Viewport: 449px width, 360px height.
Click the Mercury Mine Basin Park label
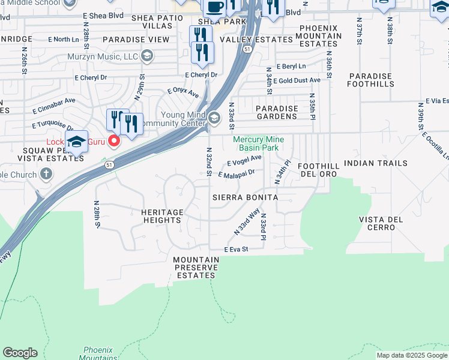coord(258,143)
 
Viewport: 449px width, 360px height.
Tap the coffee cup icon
coord(214,7)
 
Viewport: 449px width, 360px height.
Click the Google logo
coord(20,353)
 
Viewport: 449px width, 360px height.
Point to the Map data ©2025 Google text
coord(412,355)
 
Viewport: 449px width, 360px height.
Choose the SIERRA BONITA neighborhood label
coord(245,197)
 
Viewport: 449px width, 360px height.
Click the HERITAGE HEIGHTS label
coord(162,216)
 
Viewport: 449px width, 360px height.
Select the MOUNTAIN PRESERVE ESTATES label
coord(195,268)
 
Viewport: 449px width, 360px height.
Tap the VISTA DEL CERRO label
coord(381,224)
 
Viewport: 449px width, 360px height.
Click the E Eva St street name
coord(236,249)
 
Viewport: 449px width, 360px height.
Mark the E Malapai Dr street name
coord(237,174)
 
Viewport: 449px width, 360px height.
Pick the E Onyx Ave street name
coord(183,91)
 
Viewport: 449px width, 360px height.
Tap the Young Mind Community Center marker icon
coord(214,116)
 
